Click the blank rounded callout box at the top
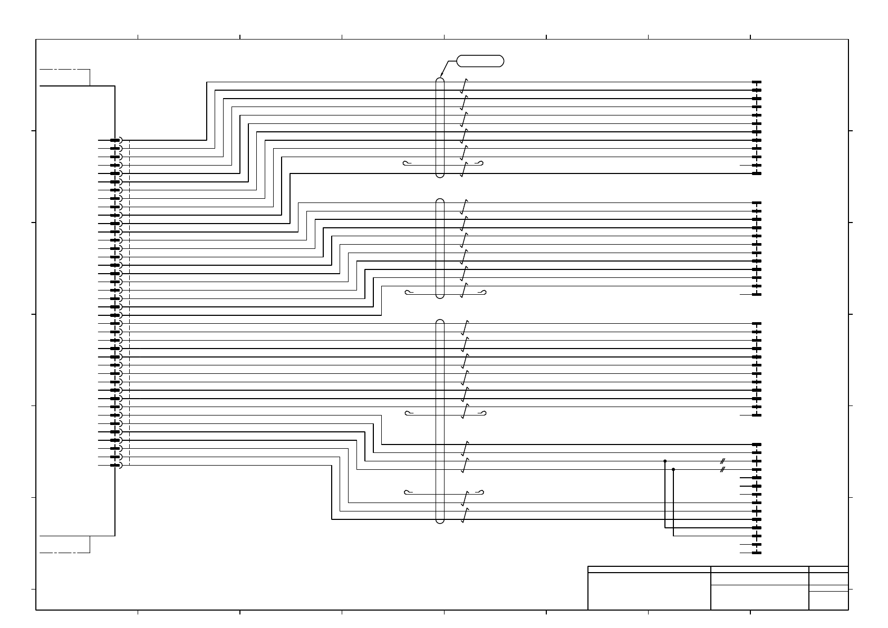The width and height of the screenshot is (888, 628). click(x=480, y=61)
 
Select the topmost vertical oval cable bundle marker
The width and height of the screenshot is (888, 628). click(x=440, y=128)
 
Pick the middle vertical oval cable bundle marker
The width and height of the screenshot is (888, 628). click(x=440, y=248)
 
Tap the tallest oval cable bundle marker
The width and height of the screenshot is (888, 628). click(x=440, y=421)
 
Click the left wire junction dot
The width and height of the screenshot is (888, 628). click(x=665, y=461)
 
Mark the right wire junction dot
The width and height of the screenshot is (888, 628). click(x=673, y=469)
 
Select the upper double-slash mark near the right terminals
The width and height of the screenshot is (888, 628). click(x=723, y=461)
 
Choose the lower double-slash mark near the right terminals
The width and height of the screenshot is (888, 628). click(x=723, y=469)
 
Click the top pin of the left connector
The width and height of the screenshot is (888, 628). click(x=115, y=140)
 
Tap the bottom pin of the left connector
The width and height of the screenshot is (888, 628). click(x=115, y=465)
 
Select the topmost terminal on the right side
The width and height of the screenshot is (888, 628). click(x=757, y=82)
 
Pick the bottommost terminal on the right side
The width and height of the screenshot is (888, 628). click(x=757, y=553)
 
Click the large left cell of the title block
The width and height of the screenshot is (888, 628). click(x=649, y=591)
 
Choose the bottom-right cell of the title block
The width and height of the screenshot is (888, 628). click(x=828, y=600)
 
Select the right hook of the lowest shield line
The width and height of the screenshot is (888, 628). click(x=481, y=492)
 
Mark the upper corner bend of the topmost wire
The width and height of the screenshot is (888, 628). click(x=207, y=82)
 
